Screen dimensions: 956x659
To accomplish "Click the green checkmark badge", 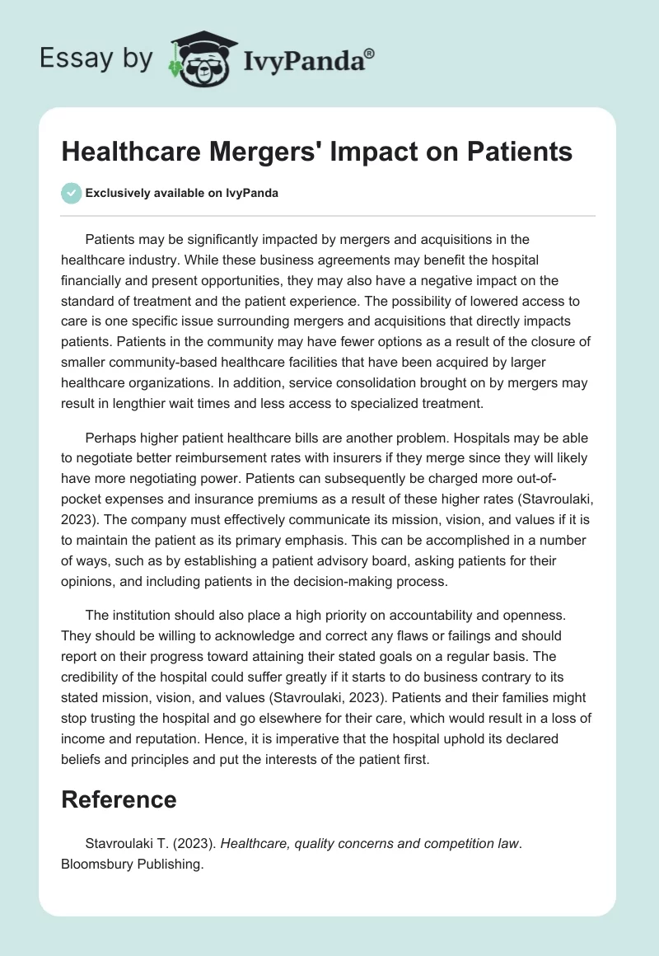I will coord(71,193).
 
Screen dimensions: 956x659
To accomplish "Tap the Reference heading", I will coord(119,799).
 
